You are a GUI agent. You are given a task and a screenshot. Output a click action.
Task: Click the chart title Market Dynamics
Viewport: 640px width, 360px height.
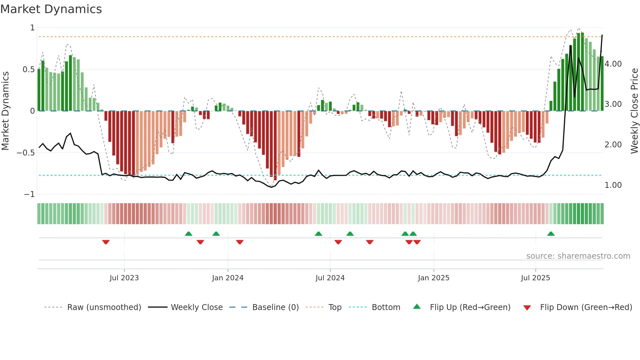click(51, 9)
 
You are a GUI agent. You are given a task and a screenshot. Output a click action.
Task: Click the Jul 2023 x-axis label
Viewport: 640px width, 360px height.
click(124, 278)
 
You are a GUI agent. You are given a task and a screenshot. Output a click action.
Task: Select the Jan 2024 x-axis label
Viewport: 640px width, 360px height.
click(228, 278)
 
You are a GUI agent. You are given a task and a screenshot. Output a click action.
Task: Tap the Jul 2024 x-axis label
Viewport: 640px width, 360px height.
click(330, 278)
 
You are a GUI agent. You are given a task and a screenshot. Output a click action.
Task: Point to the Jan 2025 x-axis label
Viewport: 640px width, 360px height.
click(434, 278)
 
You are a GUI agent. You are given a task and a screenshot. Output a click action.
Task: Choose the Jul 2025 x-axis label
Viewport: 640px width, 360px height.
click(536, 278)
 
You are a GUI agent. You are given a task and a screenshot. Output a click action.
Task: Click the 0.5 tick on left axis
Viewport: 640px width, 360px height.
click(28, 70)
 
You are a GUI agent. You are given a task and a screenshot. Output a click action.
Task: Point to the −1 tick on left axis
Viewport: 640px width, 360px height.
click(29, 194)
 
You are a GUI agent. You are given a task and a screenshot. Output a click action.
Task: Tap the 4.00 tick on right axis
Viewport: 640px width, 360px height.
click(613, 64)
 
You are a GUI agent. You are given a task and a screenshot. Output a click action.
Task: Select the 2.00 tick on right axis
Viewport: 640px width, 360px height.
click(613, 145)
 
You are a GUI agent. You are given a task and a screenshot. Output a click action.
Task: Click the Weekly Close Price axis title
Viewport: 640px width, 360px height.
click(634, 111)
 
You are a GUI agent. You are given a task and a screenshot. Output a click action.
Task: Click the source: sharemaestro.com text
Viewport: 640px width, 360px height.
click(578, 256)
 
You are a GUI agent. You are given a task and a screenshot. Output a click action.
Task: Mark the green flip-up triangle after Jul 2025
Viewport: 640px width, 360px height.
click(551, 234)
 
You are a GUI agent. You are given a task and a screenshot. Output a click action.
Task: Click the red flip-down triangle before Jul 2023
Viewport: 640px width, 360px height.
click(106, 242)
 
